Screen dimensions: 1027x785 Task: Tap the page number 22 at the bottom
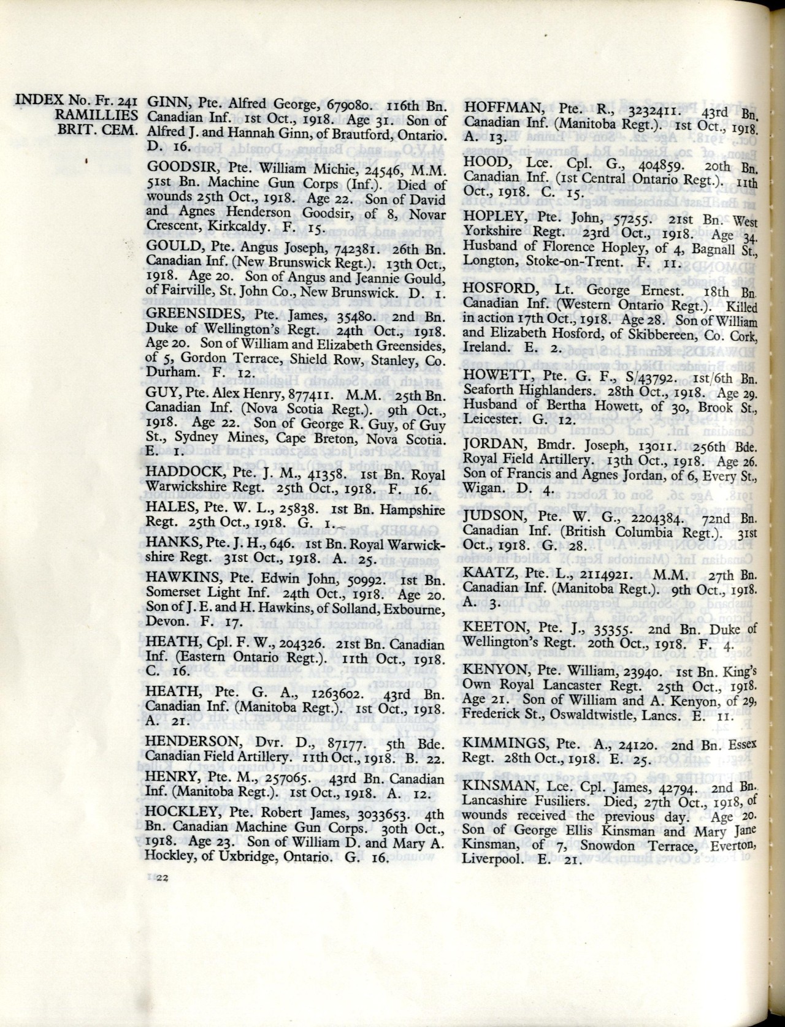click(163, 879)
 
